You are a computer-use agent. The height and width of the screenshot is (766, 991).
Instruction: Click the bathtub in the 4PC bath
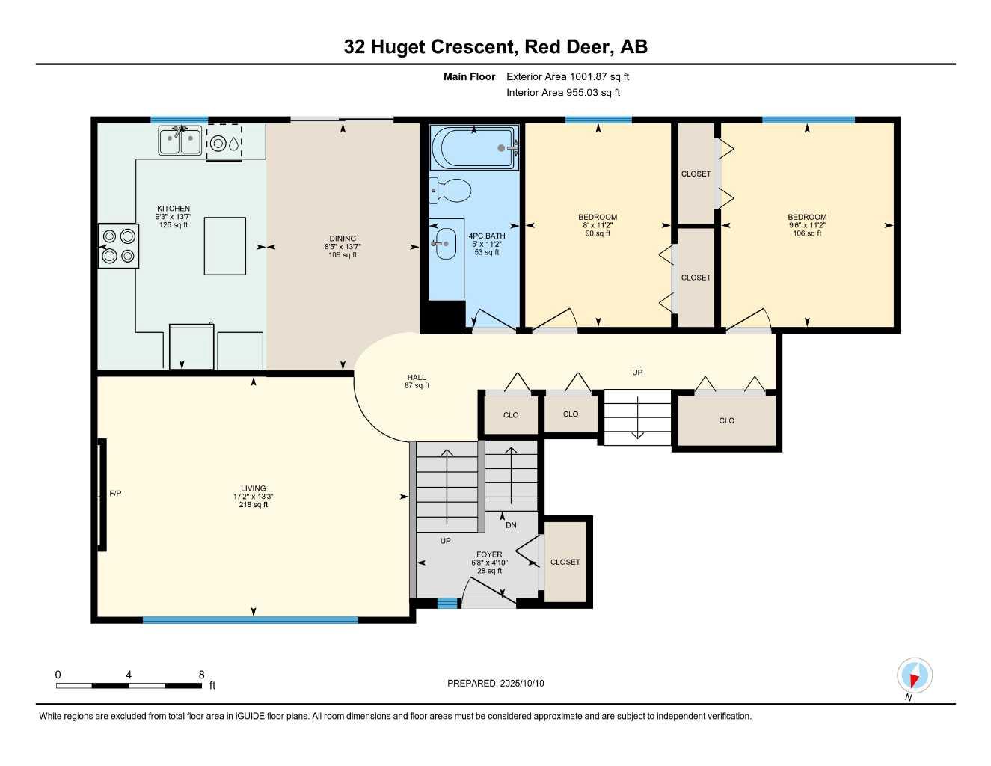(474, 147)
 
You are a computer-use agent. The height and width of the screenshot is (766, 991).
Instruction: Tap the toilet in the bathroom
(450, 190)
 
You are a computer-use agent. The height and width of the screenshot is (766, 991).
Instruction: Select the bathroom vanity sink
(444, 243)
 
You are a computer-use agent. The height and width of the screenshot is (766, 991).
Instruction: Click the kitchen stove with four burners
(118, 246)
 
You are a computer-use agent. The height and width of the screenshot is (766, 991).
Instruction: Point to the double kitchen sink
(180, 141)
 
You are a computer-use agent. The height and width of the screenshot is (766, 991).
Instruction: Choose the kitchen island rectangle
(225, 246)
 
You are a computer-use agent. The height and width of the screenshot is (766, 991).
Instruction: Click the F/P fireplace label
(115, 494)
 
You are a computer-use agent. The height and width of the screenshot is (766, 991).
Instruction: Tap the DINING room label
(343, 239)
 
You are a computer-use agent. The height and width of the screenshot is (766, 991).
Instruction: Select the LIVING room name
(253, 488)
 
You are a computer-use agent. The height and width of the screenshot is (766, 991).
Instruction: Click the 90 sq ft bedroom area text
(598, 233)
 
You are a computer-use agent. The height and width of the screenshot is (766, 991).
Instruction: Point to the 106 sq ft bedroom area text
(807, 233)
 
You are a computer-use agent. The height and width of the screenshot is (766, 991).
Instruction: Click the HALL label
(417, 378)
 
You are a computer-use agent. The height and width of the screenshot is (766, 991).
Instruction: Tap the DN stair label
(511, 525)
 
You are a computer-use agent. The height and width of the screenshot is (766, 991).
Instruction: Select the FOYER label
(489, 554)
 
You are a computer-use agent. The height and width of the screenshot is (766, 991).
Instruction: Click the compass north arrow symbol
(915, 675)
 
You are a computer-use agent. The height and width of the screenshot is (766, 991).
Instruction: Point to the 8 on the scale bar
(202, 675)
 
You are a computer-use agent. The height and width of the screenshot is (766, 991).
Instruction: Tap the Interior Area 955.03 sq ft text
(563, 93)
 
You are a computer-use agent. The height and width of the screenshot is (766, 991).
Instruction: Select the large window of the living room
(251, 620)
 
